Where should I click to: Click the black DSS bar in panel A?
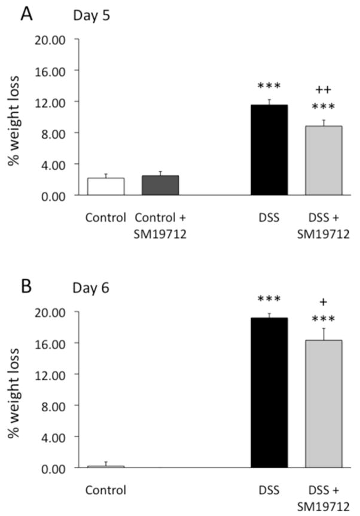(269, 150)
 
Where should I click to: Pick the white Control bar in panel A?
(106, 187)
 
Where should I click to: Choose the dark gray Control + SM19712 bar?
(160, 185)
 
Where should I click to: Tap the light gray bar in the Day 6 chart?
(324, 404)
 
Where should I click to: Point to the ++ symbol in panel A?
(323, 90)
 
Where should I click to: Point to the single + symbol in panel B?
(324, 302)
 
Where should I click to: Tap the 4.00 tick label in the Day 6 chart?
(62, 437)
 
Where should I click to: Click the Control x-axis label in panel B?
(106, 490)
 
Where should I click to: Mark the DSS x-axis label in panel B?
(269, 490)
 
